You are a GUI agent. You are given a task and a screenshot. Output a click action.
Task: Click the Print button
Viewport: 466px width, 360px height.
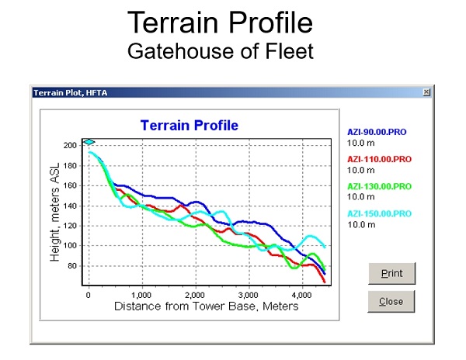point(391,273)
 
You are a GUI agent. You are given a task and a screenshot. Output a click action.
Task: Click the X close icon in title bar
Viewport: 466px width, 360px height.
point(426,92)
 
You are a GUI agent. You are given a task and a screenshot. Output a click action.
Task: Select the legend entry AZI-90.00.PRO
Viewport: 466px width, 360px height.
point(377,132)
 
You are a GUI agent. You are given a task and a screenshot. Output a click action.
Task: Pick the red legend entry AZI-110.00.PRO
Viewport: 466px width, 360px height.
point(379,159)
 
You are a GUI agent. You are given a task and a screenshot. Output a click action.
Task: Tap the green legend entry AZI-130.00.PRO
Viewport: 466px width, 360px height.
point(379,186)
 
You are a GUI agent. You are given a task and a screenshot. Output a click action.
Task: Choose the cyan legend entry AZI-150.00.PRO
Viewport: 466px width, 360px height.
point(379,213)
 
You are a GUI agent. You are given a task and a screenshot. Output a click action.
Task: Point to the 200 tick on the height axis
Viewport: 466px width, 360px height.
point(70,145)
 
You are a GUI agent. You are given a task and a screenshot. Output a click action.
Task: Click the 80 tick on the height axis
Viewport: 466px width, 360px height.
point(72,266)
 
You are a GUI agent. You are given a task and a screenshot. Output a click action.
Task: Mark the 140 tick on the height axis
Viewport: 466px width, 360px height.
point(70,206)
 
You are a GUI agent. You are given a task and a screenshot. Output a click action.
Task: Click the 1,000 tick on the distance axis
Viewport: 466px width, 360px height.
point(141,296)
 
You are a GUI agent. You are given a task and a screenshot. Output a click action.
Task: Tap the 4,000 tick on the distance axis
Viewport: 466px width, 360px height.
point(301,296)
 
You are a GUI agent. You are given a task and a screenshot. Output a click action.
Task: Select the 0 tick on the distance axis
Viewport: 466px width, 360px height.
point(89,296)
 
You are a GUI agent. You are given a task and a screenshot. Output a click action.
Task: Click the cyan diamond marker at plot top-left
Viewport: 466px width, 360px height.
point(89,142)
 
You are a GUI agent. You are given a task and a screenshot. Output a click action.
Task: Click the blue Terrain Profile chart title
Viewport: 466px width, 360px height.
point(190,125)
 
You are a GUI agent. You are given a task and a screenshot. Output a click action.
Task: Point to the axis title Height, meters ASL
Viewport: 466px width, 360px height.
point(54,212)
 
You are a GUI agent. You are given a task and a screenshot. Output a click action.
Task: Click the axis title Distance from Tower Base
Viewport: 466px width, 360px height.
point(206,306)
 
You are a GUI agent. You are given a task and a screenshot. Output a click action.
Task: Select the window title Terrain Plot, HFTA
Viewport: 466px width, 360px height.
point(71,93)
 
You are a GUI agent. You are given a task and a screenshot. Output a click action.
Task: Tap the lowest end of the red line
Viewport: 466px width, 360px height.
point(324,282)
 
